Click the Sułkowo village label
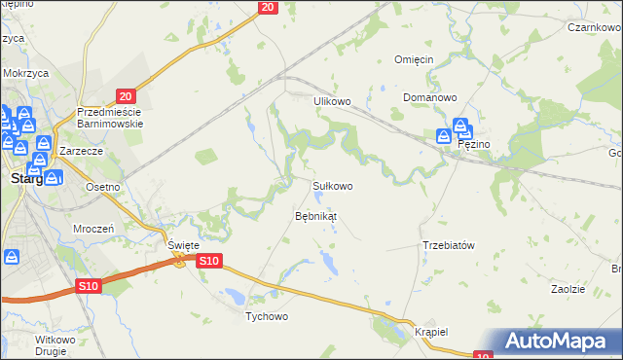click(332, 185)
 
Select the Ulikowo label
click(331, 100)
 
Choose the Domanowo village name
click(430, 98)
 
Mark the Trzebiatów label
click(449, 245)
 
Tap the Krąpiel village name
click(429, 331)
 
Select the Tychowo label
click(267, 317)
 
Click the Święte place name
click(183, 245)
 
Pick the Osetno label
click(102, 187)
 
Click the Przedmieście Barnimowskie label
click(110, 118)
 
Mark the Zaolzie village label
click(568, 290)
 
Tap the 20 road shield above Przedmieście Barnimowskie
click(125, 95)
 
